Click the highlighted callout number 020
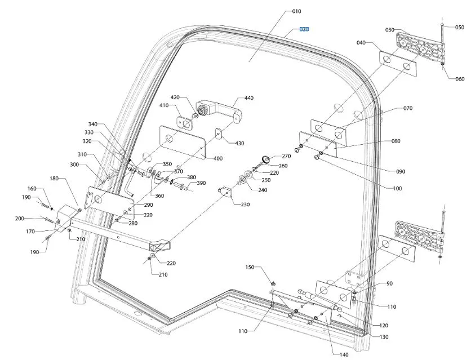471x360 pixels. pyautogui.click(x=304, y=29)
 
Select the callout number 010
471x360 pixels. pyautogui.click(x=296, y=11)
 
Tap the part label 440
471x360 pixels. pyautogui.click(x=248, y=98)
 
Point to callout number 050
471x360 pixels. pyautogui.click(x=460, y=27)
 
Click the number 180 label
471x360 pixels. pyautogui.click(x=54, y=179)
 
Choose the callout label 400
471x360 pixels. pyautogui.click(x=218, y=158)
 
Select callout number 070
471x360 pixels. pyautogui.click(x=408, y=108)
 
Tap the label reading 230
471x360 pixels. pyautogui.click(x=245, y=205)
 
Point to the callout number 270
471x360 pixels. pyautogui.click(x=286, y=156)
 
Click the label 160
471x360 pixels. pyautogui.click(x=32, y=188)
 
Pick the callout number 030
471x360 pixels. pyautogui.click(x=390, y=30)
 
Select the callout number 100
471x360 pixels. pyautogui.click(x=398, y=188)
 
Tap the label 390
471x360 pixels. pyautogui.click(x=201, y=183)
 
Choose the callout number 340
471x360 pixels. pyautogui.click(x=93, y=125)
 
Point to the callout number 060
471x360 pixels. pyautogui.click(x=460, y=79)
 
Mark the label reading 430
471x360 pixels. pyautogui.click(x=239, y=143)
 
